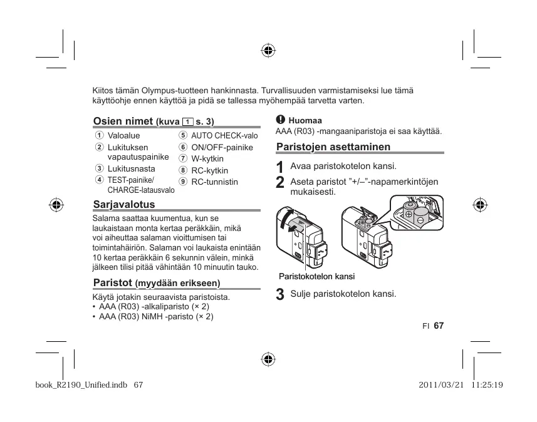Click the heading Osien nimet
(x=123, y=121)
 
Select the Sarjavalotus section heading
(x=123, y=205)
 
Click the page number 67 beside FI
(x=438, y=326)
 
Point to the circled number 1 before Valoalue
(x=99, y=136)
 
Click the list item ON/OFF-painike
(x=222, y=147)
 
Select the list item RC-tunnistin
(x=214, y=182)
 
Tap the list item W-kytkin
(x=207, y=159)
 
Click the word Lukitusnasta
(x=131, y=169)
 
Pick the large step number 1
(x=280, y=168)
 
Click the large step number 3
(x=280, y=295)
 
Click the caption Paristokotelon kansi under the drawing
(x=316, y=276)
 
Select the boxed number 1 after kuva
(x=187, y=121)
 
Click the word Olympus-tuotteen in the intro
(x=169, y=90)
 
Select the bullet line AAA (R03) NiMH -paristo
(x=156, y=317)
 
